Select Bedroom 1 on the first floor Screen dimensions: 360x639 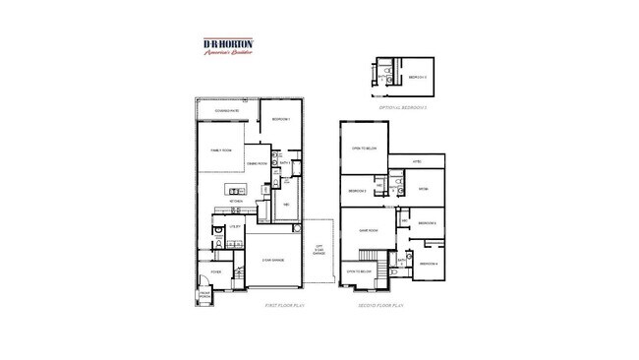click(x=280, y=118)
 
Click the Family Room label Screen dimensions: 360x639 click(x=220, y=150)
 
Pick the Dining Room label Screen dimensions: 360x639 click(x=257, y=164)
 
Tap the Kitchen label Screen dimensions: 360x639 click(x=236, y=201)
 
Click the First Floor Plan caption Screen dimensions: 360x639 click(x=285, y=307)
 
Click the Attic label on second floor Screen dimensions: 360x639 click(x=417, y=160)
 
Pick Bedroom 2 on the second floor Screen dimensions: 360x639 click(x=357, y=190)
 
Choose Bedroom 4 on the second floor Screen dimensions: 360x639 click(x=429, y=263)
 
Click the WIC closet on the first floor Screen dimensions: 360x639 click(x=286, y=204)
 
